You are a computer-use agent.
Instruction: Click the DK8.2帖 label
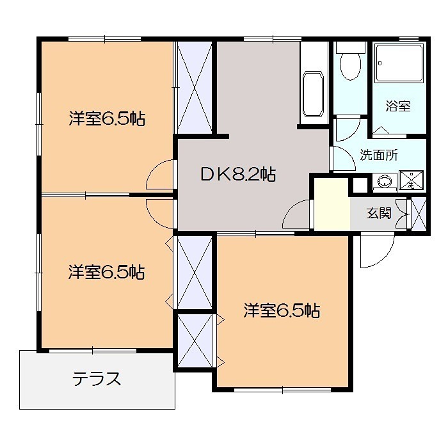238,174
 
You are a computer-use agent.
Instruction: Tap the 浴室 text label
397,106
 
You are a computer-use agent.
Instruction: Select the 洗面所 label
379,154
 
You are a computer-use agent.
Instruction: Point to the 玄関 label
379,213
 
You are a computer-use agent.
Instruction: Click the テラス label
96,379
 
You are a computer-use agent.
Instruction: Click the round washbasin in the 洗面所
385,182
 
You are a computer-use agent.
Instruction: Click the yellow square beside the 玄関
332,204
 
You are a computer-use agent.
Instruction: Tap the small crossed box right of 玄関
419,214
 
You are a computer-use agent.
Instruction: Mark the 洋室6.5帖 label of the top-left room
107,118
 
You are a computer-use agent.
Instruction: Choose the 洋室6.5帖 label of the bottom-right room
282,311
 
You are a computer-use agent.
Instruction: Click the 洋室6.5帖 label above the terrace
107,273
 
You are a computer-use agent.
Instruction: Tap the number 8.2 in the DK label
246,174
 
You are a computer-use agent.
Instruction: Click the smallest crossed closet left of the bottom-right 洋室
194,340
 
